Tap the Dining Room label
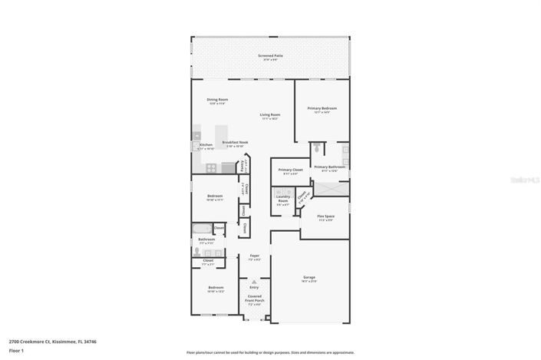pos(217,100)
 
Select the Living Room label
pos(269,116)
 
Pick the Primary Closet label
pos(290,171)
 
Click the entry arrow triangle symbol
pos(254,282)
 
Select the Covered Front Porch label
pos(254,300)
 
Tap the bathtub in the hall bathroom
pos(201,228)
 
